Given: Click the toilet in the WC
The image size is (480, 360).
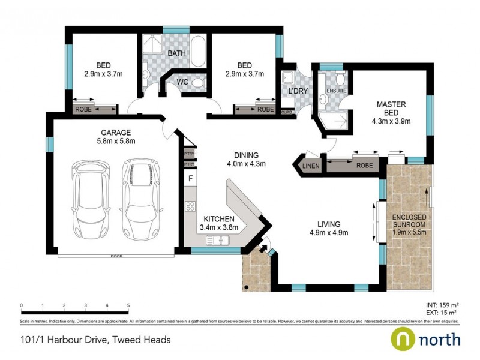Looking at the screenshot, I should [x=200, y=83].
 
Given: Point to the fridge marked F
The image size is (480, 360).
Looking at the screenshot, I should [x=190, y=179].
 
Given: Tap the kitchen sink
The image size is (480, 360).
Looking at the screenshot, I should [x=219, y=240].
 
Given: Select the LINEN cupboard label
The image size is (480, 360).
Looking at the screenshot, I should [x=310, y=165].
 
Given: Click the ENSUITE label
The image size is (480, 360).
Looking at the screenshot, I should [x=336, y=91].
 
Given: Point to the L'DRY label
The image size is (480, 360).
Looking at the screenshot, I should [x=298, y=91].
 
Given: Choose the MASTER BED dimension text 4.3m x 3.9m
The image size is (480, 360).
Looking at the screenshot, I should [x=391, y=121].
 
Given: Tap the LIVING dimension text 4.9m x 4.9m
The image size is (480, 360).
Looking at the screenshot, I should [x=329, y=233].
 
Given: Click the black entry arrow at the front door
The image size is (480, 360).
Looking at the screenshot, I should [x=262, y=247].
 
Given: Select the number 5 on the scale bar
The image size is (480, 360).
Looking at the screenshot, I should [x=128, y=305].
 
